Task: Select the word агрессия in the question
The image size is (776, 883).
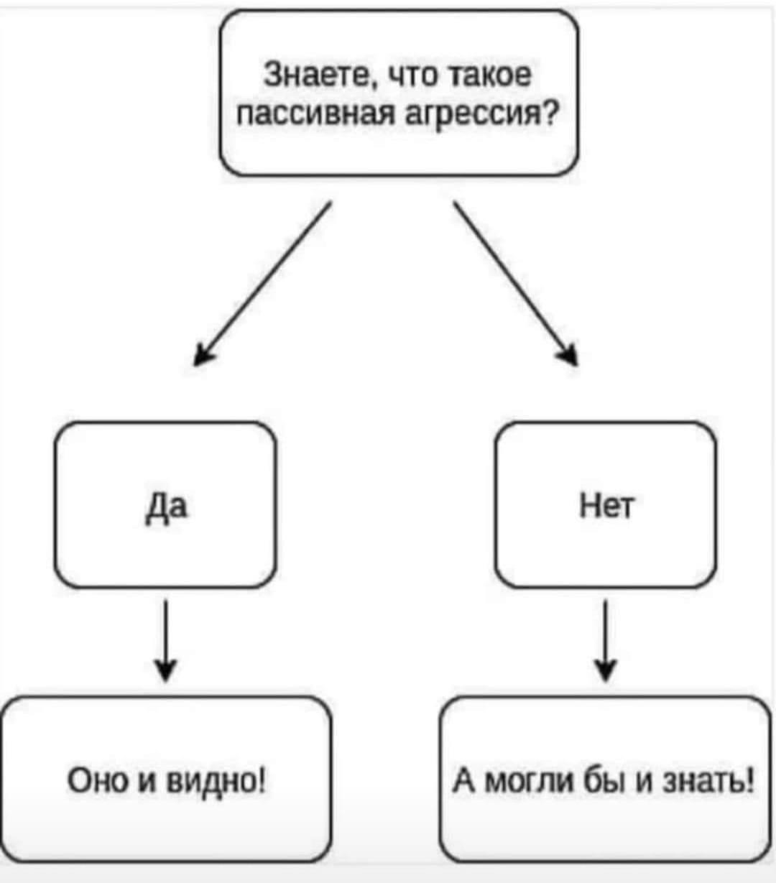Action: tap(471, 114)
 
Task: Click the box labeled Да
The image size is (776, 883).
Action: tap(165, 505)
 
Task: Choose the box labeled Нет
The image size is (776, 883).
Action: tap(606, 505)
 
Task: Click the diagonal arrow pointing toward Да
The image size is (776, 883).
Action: tap(263, 283)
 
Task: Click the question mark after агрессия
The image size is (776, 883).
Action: tap(549, 114)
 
